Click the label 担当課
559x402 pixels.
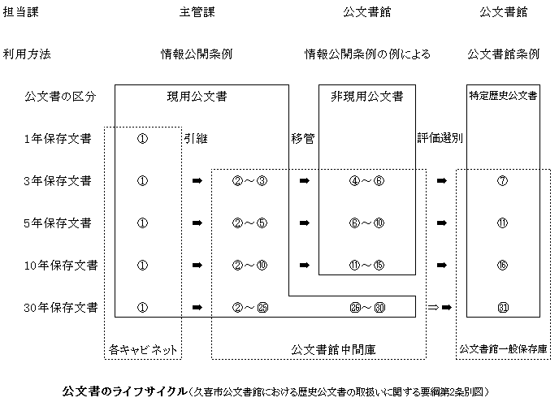(x=20, y=12)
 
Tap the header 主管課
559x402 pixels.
(x=197, y=12)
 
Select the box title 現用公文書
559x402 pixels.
(x=197, y=96)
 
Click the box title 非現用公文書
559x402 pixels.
(x=367, y=96)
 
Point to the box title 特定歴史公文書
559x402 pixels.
(x=503, y=96)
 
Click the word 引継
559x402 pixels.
(x=196, y=138)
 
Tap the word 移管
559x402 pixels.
(x=303, y=138)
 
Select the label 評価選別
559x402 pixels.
(x=440, y=138)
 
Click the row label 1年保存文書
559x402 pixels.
(x=58, y=138)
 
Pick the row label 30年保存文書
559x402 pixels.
(x=61, y=307)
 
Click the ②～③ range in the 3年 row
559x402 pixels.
(x=249, y=180)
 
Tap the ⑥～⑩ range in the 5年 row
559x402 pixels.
(x=367, y=223)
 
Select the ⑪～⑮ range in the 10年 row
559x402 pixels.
(x=367, y=265)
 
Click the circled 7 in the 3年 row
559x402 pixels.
(x=502, y=180)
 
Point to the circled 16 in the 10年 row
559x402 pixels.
(x=502, y=265)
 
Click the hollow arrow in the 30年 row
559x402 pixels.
(x=433, y=307)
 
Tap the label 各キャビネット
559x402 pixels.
(x=143, y=349)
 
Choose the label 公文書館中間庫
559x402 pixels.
(x=333, y=349)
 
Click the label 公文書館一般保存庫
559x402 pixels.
(x=503, y=349)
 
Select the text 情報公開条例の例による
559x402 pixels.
(x=367, y=54)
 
